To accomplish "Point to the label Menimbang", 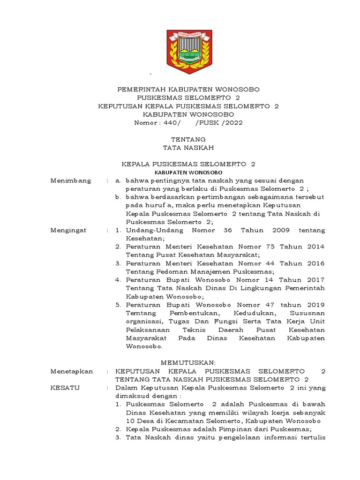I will tap(71, 181).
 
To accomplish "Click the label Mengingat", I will tap(70, 231).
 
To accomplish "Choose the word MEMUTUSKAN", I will tap(188, 363).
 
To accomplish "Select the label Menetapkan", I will tap(72, 371).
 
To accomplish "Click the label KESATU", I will tap(65, 388).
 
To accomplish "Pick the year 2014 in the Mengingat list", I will tap(315, 247).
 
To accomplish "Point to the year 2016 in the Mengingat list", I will tap(315, 263).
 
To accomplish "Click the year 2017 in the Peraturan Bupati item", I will tap(315, 280).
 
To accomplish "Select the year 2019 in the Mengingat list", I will tap(315, 305).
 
